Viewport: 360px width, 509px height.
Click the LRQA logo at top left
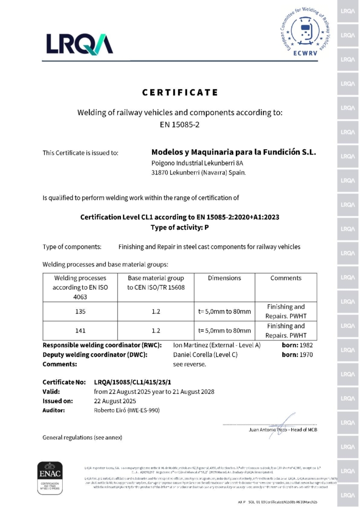[80, 43]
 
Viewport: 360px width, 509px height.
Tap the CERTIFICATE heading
[180, 92]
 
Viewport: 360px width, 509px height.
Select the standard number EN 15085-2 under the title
[180, 124]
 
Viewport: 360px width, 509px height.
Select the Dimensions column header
[224, 278]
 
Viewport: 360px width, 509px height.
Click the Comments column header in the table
[286, 278]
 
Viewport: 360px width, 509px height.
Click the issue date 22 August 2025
[116, 401]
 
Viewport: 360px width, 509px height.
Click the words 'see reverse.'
[189, 364]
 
